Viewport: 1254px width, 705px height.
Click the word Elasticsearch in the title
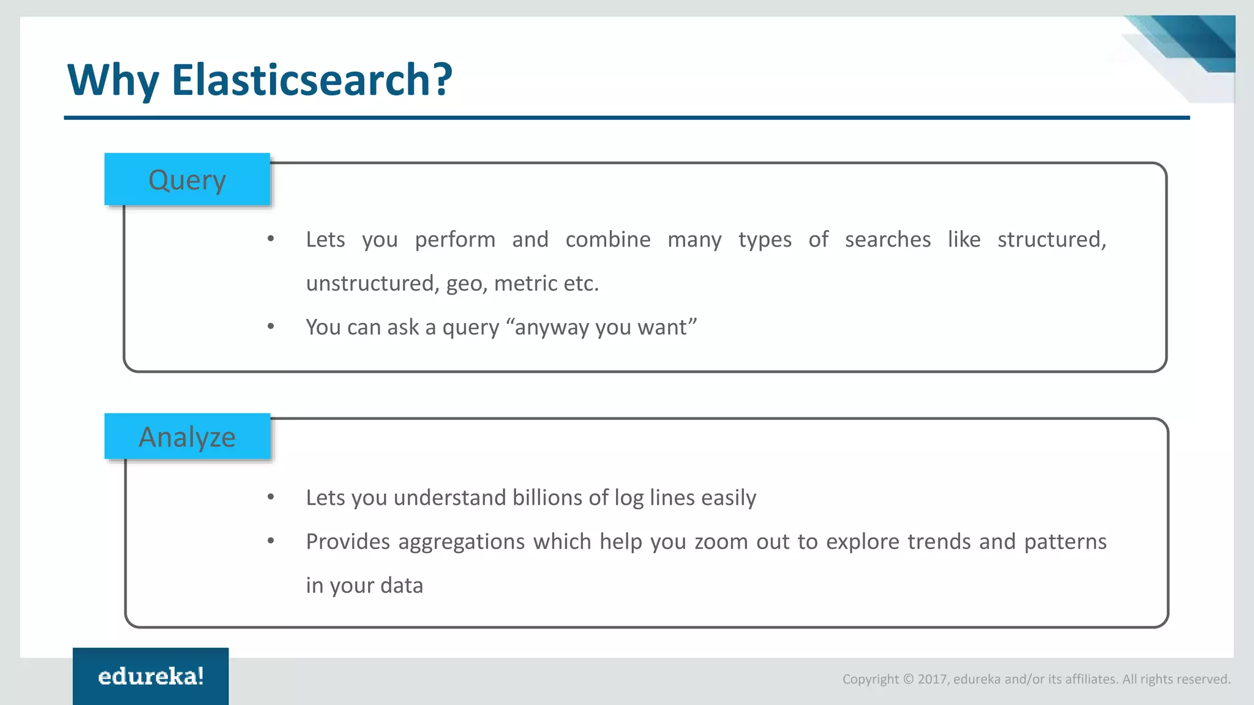point(311,80)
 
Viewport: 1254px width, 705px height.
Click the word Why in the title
point(113,80)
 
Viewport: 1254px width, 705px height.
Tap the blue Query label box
point(187,179)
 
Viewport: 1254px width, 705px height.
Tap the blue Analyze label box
point(187,436)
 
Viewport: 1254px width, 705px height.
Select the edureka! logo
point(151,676)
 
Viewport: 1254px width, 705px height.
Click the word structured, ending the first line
point(1051,239)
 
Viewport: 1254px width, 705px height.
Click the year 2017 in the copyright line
point(933,679)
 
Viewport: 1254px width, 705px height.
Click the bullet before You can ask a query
point(271,327)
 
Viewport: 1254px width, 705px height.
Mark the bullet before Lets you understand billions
point(271,497)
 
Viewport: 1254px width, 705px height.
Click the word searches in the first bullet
point(887,239)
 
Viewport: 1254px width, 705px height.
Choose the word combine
point(607,239)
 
